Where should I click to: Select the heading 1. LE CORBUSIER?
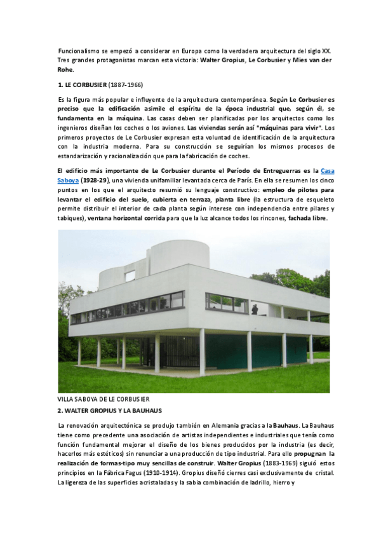pyautogui.click(x=81, y=84)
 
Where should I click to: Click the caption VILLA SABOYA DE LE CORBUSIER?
pyautogui.click(x=103, y=399)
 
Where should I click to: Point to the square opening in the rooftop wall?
pyautogui.click(x=130, y=276)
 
